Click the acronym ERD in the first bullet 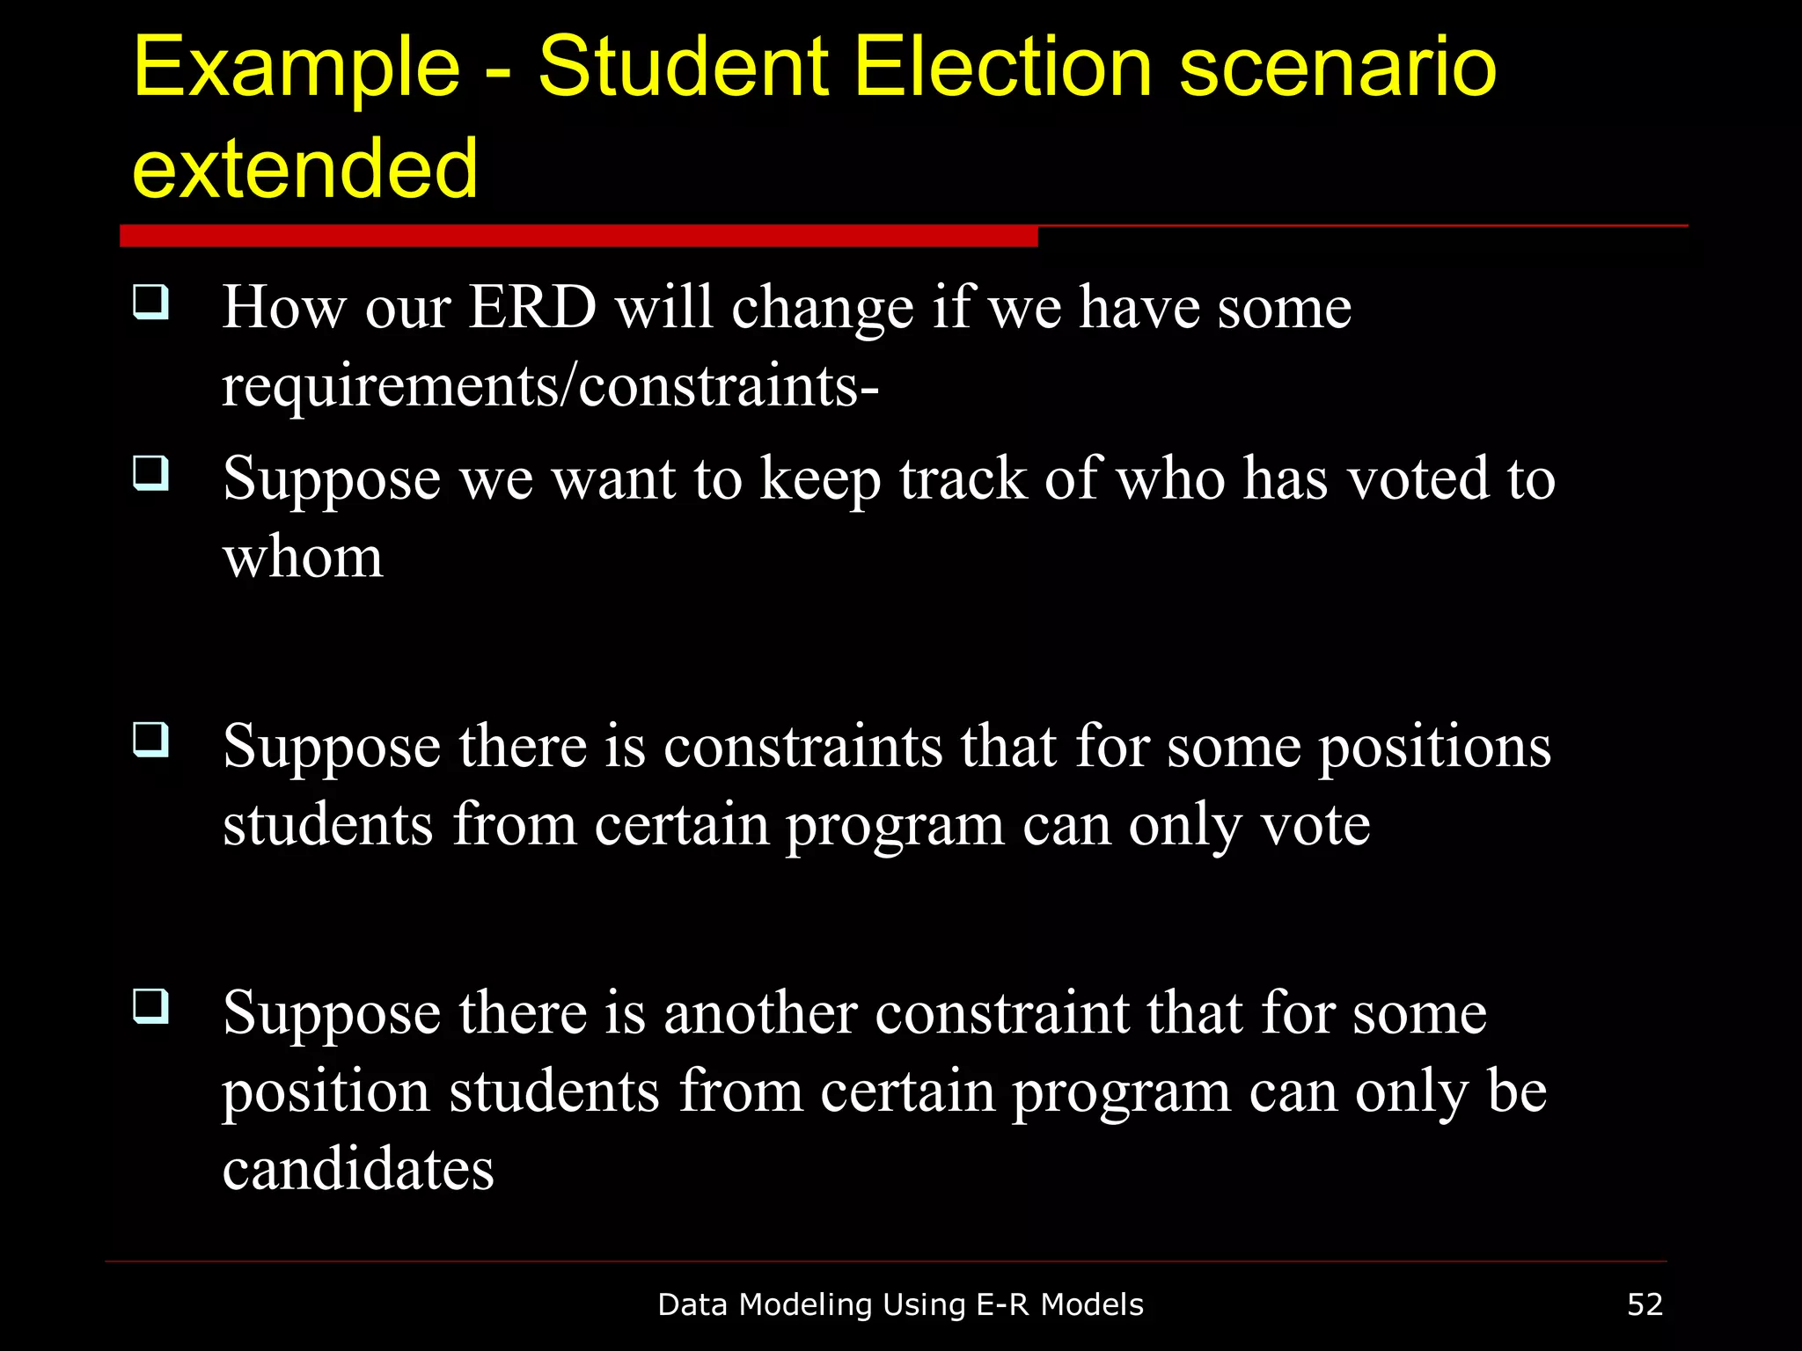pos(532,307)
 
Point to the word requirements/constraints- pos(550,386)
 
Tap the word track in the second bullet pos(963,479)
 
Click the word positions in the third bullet pos(1434,747)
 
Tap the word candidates pos(358,1169)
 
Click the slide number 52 pos(1645,1304)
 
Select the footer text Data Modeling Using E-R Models pos(900,1304)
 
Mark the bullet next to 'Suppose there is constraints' pos(150,740)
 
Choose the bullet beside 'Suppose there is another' pos(150,1006)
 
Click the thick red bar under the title pos(578,236)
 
